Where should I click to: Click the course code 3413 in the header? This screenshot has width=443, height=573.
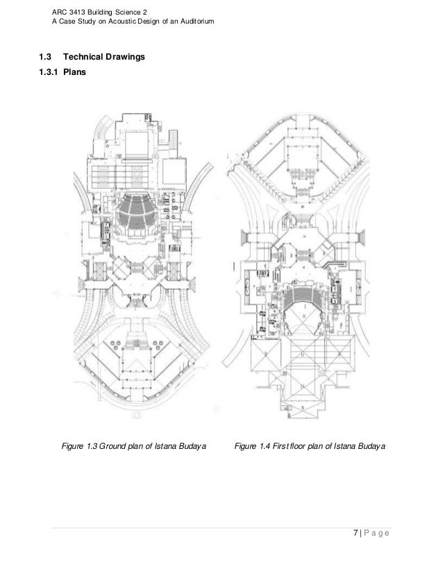click(77, 12)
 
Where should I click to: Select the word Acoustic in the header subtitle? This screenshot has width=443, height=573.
click(122, 22)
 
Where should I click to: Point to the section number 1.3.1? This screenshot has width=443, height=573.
click(49, 72)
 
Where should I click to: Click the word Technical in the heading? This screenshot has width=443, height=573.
click(83, 57)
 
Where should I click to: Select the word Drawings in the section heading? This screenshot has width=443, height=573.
click(125, 57)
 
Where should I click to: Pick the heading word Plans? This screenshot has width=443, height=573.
click(74, 72)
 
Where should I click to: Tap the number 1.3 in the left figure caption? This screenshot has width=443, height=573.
click(92, 446)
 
